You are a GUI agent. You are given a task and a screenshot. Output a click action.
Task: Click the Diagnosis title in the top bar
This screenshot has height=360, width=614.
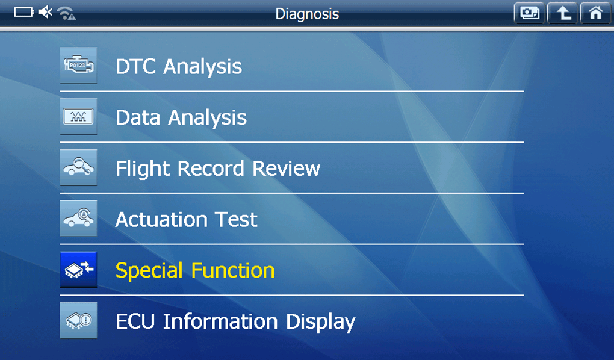tap(307, 14)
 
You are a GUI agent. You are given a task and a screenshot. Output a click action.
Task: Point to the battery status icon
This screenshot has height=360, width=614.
tap(24, 13)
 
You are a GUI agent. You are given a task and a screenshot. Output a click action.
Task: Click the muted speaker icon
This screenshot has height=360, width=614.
tap(45, 12)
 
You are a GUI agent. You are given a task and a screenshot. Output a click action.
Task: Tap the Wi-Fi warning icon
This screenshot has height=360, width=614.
tap(66, 13)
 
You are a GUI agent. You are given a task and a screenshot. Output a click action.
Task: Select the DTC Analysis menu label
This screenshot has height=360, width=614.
tap(179, 66)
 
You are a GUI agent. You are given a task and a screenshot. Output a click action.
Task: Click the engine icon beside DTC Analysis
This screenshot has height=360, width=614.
tap(78, 66)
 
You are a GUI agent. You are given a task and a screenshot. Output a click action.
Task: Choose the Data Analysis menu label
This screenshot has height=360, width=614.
tap(181, 117)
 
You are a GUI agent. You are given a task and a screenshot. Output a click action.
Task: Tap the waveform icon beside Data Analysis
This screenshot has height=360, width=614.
tap(78, 116)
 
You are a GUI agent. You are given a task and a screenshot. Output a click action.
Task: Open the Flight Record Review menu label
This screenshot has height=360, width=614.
tap(218, 169)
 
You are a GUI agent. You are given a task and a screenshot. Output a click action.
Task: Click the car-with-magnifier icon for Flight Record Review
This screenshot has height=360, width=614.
tap(78, 167)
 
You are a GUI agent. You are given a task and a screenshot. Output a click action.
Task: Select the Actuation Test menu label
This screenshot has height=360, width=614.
tap(187, 219)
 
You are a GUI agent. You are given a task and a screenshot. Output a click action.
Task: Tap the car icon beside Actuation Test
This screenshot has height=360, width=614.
tap(78, 218)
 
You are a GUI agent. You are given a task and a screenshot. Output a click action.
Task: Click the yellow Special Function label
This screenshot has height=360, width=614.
tap(195, 271)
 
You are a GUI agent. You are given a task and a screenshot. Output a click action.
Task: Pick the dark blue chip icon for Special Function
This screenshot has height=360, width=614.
tap(78, 270)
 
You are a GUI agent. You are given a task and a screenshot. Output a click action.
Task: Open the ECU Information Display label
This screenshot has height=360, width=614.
tap(235, 322)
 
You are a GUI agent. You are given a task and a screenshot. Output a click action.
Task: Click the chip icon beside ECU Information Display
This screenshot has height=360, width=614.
tap(78, 320)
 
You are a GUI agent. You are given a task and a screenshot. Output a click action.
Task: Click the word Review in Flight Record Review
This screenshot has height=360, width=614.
tap(287, 168)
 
